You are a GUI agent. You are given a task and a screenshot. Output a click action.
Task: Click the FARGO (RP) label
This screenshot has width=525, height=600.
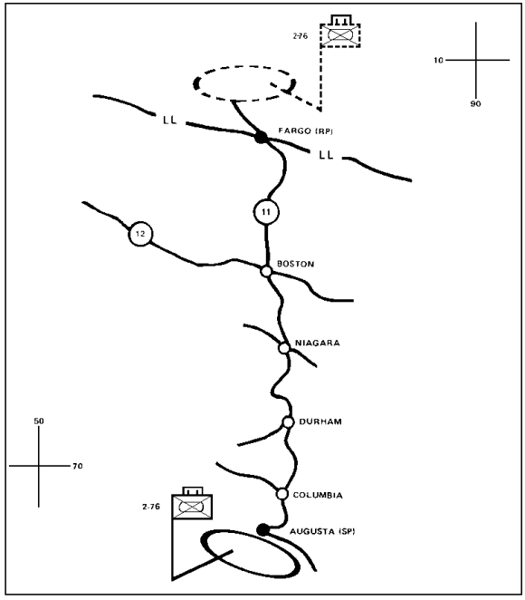(305, 131)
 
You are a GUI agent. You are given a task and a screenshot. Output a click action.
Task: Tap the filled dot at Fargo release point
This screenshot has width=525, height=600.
(262, 137)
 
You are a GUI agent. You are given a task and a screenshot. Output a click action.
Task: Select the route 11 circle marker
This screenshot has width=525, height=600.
(266, 211)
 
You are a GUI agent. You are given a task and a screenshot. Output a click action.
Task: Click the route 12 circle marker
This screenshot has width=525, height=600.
(140, 234)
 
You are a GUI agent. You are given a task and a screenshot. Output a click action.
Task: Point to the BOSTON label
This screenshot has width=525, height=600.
(295, 264)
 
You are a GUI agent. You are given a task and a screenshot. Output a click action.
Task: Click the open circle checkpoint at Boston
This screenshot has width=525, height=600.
(266, 272)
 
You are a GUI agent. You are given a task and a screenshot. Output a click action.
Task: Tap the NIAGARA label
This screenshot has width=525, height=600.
(317, 343)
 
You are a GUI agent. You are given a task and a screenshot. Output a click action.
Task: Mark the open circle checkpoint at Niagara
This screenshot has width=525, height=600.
(284, 348)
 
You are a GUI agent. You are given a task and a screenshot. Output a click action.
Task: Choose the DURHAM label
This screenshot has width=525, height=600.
(320, 421)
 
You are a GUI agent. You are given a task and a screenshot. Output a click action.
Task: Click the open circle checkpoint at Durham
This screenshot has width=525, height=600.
(288, 422)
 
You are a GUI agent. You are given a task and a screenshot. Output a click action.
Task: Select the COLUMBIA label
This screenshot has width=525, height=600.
(318, 495)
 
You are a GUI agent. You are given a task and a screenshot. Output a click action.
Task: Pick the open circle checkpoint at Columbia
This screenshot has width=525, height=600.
(282, 494)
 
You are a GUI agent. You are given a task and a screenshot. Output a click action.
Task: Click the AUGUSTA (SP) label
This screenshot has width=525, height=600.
(322, 531)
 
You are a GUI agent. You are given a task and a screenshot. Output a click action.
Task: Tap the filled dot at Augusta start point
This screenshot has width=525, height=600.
(262, 530)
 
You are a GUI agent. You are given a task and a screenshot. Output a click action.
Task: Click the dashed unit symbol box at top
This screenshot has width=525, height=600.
(340, 35)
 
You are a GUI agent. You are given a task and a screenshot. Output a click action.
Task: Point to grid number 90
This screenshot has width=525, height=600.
(475, 103)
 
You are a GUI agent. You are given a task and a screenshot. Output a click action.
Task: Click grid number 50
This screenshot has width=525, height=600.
(39, 421)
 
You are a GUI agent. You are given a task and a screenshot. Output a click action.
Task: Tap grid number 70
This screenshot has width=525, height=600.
(78, 466)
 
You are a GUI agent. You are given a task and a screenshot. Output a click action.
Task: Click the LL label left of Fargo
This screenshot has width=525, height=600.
(169, 121)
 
